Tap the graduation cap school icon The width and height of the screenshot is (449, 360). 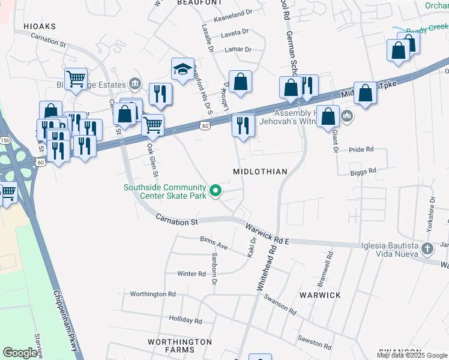tap(182, 70)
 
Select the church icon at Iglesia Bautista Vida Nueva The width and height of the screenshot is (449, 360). tap(427, 248)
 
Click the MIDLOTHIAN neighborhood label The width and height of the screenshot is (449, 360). tap(261, 172)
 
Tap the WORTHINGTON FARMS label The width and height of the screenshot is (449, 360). tap(179, 346)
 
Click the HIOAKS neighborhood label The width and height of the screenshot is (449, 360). tap(39, 26)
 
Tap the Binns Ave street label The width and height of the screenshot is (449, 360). tap(214, 242)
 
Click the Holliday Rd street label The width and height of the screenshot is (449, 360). tap(185, 319)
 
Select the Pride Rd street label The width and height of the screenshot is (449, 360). tap(361, 149)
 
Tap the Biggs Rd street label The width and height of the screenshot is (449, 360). tap(364, 171)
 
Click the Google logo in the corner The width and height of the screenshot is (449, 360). tap(21, 353)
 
